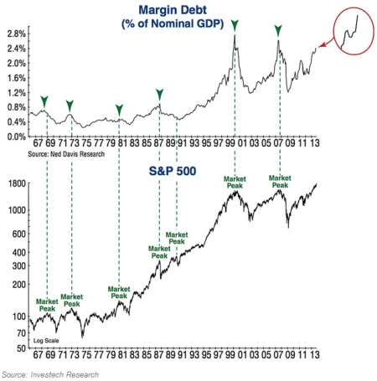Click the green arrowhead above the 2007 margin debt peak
tap(278, 30)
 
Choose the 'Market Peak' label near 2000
tap(237, 182)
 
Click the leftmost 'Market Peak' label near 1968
tap(47, 305)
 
